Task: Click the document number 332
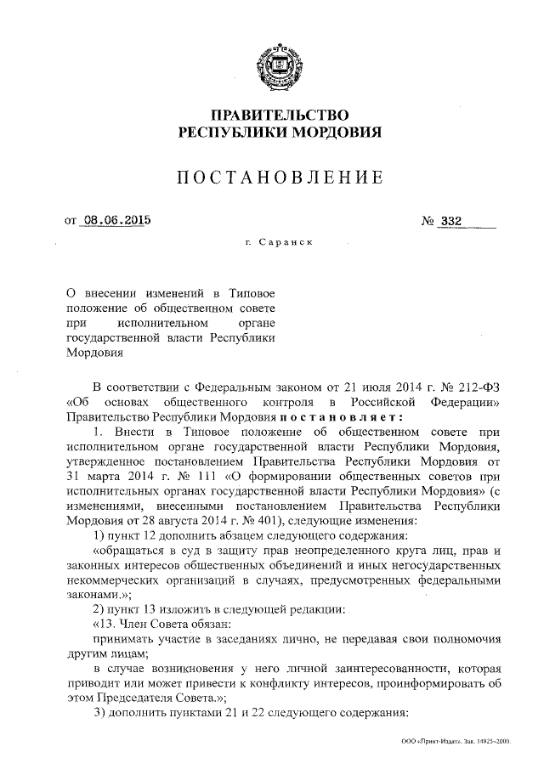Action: (x=451, y=221)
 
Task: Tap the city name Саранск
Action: (x=286, y=243)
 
